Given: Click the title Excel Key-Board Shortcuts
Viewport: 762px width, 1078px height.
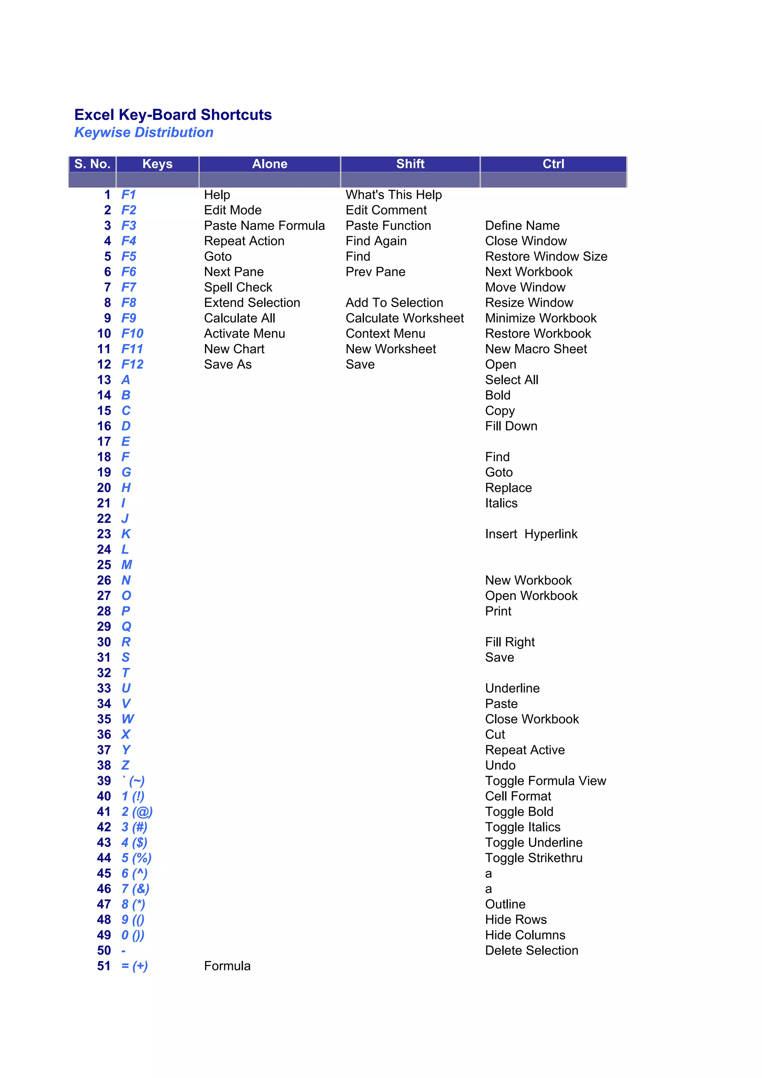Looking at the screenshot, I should point(173,115).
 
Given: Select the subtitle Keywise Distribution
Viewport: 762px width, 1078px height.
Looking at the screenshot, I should point(144,132).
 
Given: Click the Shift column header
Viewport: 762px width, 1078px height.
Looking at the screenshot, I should point(410,164).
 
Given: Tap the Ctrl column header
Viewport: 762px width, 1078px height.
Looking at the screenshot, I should point(553,164).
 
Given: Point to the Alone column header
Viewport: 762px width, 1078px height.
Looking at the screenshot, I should point(269,164).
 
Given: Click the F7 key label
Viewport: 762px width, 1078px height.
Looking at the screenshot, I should point(129,287).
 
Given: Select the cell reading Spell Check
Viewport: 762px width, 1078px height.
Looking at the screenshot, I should point(238,287).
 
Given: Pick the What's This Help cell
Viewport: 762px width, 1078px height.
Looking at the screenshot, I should point(393,195).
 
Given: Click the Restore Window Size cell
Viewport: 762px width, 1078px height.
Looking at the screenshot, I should point(546,256).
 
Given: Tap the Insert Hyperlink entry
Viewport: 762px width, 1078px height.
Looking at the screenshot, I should point(531,534).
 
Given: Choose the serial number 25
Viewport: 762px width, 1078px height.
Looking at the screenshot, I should point(104,565).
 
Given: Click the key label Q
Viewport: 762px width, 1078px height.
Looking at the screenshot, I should point(126,627).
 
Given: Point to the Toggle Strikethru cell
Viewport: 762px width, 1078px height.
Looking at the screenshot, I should point(533,858).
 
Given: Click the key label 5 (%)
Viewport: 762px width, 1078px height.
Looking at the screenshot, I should point(136,858).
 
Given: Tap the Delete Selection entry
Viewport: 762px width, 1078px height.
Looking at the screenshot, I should point(531,951).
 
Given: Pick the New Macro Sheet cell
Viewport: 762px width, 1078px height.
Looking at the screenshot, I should point(536,349).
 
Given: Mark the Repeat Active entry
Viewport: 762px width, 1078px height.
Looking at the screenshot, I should point(524,750).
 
